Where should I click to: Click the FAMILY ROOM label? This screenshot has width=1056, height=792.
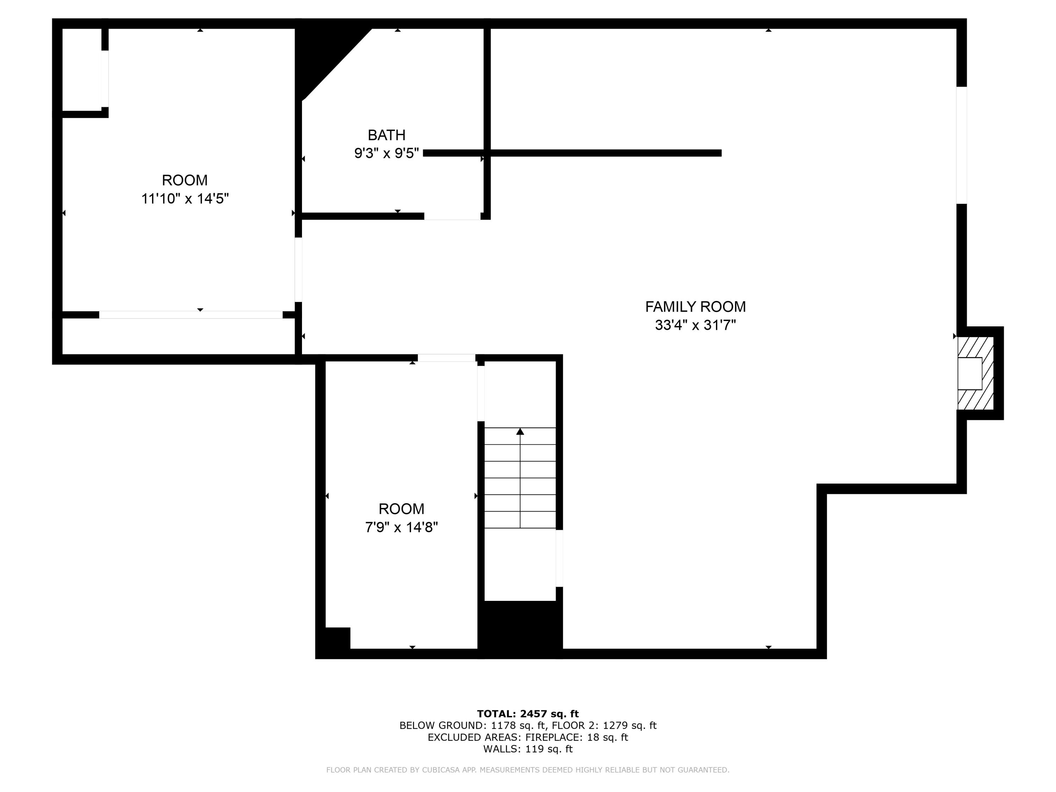(695, 307)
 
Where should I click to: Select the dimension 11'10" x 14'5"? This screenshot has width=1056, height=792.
(185, 199)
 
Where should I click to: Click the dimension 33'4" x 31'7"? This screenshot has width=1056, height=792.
(695, 325)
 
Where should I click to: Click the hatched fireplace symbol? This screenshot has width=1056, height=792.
(975, 373)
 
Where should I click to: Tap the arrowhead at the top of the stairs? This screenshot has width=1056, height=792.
(520, 432)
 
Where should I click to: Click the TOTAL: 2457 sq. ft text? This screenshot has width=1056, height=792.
(528, 714)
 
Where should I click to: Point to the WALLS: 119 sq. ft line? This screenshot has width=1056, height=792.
(528, 749)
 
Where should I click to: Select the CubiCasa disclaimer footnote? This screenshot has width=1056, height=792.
(528, 769)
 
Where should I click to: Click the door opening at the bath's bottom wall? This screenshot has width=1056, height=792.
(452, 216)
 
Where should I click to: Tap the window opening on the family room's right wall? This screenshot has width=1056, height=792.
(961, 145)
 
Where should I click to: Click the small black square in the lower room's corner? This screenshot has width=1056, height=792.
(338, 638)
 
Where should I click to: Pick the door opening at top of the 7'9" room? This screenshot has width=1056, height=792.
(446, 358)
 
